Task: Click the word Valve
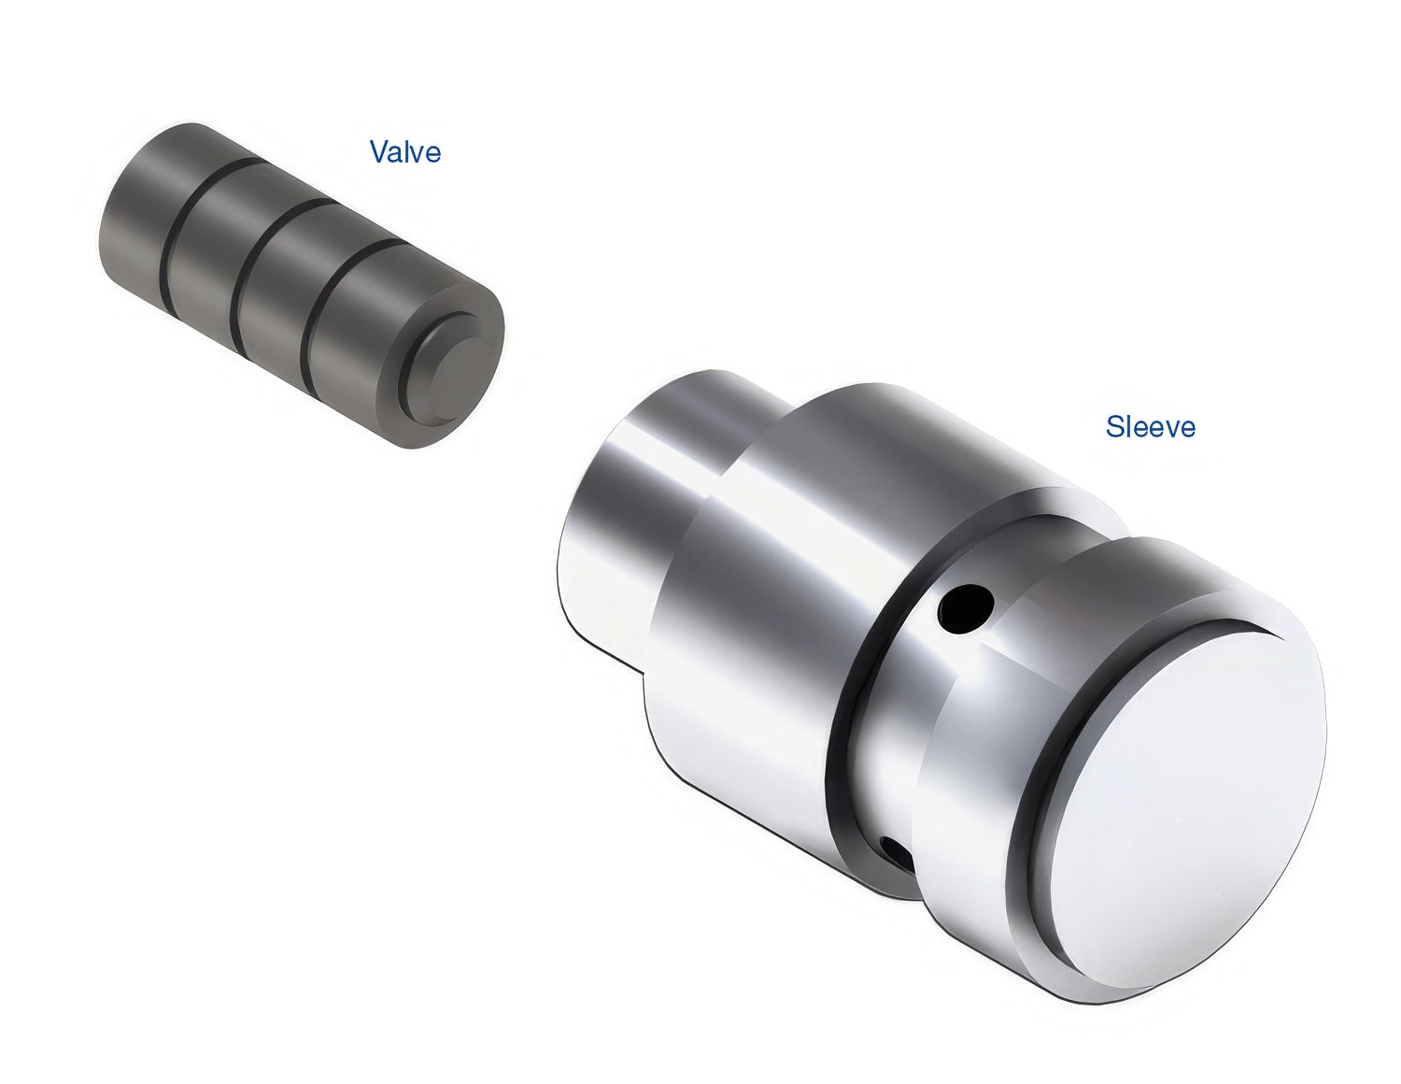405,151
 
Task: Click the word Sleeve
1150,426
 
